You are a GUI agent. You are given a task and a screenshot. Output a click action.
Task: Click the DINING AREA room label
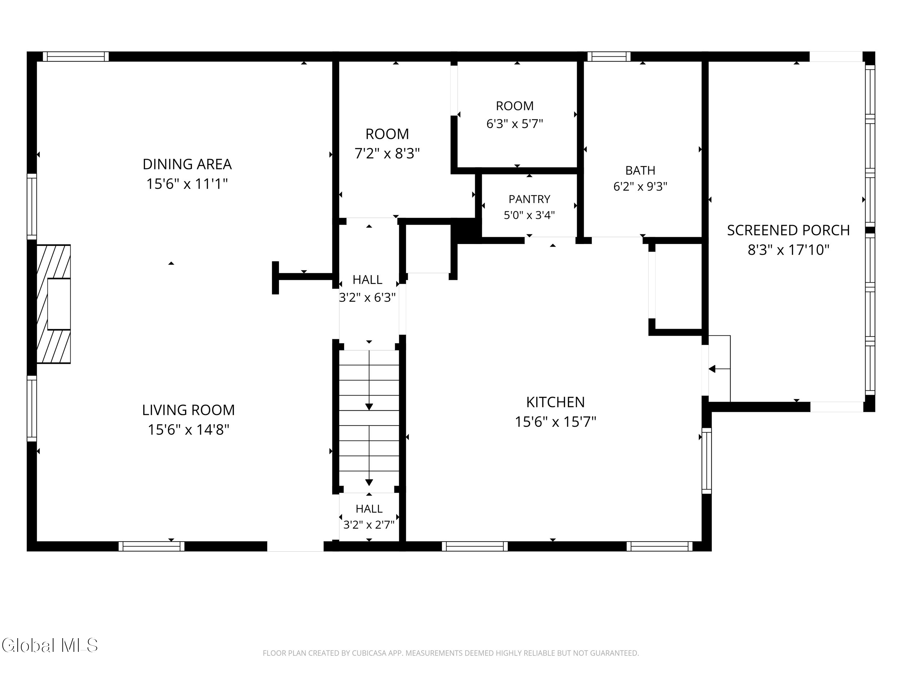(187, 164)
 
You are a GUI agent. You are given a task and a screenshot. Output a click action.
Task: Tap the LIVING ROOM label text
(188, 410)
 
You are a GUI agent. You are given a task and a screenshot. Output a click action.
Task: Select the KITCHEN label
(555, 402)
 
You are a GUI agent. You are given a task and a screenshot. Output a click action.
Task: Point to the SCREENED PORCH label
(788, 230)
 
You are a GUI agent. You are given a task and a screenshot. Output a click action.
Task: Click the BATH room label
(640, 170)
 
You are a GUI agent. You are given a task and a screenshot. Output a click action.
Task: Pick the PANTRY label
(529, 199)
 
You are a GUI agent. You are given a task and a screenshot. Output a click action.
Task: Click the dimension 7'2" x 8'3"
(387, 154)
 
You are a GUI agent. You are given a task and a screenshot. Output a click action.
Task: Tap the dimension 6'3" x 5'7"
(515, 123)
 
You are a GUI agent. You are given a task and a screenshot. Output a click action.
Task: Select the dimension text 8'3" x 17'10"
(788, 249)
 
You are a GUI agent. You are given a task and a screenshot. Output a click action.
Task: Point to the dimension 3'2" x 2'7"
(369, 525)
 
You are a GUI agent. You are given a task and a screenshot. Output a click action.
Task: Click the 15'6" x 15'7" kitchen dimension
(555, 422)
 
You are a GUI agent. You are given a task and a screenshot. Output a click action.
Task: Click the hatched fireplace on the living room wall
(53, 304)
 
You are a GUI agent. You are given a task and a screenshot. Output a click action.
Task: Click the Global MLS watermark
(50, 645)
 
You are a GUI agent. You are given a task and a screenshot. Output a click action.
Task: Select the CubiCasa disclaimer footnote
(451, 653)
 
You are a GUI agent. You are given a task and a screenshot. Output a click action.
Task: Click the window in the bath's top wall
(609, 56)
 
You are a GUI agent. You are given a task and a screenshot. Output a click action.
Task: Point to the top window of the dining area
(76, 56)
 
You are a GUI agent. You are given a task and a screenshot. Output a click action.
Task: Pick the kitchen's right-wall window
(707, 460)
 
